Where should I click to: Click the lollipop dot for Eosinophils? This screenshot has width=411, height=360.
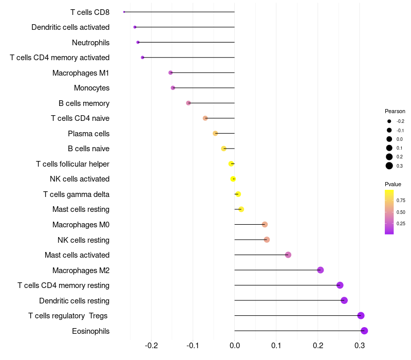coord(364,331)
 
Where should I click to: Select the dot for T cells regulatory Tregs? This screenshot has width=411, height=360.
coord(361,316)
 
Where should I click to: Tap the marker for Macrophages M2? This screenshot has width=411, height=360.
coord(321,270)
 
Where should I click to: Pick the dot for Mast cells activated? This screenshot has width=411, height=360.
coord(288,255)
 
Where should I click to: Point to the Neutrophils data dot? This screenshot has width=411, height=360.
coord(138,42)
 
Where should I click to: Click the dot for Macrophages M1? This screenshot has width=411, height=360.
coord(171,73)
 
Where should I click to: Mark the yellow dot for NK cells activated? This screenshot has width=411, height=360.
coord(233,179)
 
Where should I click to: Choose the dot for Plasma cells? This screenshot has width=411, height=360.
coord(215,133)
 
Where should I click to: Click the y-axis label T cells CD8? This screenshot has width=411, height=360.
coord(90,12)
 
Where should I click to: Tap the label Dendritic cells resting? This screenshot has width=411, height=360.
coord(74,300)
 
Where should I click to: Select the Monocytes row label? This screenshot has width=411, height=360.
coord(91,88)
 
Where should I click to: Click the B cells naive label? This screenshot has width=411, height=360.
coord(88,149)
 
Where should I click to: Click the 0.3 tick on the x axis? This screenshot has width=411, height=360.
coord(360,345)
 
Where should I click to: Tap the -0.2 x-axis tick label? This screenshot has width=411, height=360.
coord(151,345)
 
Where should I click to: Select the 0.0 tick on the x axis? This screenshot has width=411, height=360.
coord(235,345)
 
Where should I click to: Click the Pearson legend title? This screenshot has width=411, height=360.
coord(395,111)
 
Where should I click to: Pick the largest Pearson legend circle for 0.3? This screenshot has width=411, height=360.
coord(389,166)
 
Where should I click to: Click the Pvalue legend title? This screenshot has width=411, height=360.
coord(393,184)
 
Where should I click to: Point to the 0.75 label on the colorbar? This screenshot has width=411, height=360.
coord(401,201)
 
